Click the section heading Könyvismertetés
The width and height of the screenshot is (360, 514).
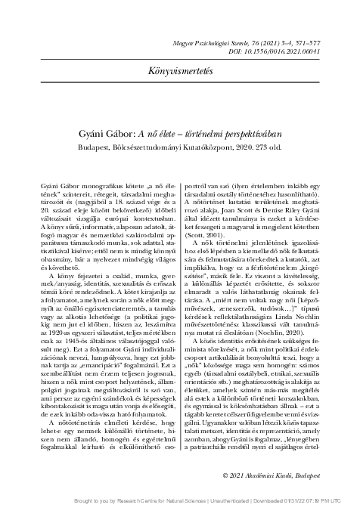pos(180,70)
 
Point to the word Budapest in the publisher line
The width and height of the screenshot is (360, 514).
pos(95,147)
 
